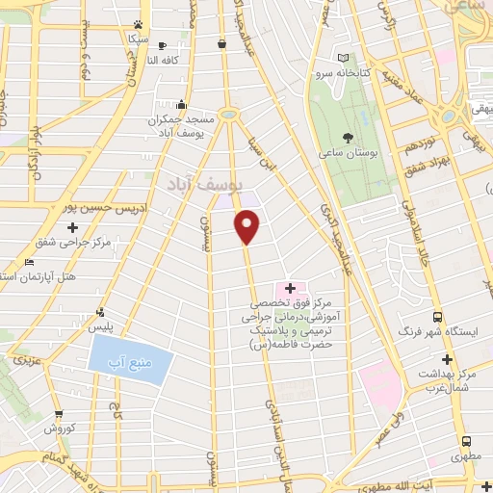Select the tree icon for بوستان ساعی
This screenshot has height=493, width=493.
pos(347,138)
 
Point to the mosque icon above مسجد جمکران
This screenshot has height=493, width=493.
pos(181,104)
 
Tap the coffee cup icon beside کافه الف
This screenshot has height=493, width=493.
pos(162,45)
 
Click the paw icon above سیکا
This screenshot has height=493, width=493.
pos(141,25)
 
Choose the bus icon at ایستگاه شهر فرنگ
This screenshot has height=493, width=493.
pos(438,317)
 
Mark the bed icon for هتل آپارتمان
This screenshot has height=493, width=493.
pos(29,262)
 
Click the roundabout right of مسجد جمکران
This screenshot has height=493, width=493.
pos(228,115)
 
